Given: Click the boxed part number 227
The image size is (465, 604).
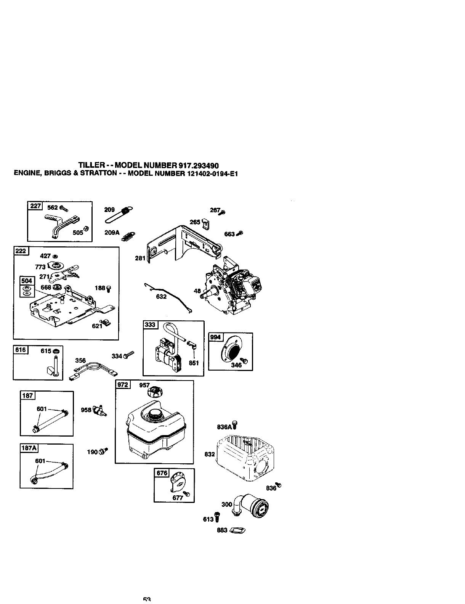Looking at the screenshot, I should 35,206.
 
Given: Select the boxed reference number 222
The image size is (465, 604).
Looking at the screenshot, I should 20,251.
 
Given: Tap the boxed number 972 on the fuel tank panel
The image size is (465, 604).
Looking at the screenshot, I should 123,385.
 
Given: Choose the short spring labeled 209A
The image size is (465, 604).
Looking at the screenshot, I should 128,237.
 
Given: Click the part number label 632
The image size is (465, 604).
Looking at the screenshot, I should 162,296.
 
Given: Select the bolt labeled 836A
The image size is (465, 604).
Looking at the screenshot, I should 235,424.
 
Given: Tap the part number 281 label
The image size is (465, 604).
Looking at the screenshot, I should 140,258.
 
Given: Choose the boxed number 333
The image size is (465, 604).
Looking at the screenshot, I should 150,324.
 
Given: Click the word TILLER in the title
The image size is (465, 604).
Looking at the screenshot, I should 92,165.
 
